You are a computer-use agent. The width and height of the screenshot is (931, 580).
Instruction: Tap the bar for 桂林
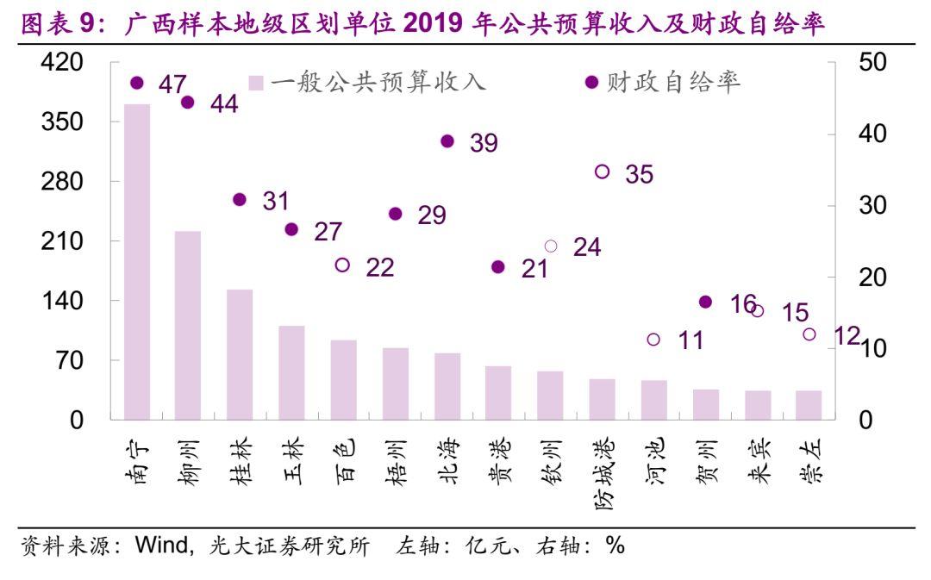[240, 354]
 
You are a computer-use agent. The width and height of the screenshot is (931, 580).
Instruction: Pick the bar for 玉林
[291, 372]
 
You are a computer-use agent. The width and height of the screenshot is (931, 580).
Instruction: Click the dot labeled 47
[136, 83]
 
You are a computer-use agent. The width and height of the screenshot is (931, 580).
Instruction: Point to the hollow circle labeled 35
[603, 172]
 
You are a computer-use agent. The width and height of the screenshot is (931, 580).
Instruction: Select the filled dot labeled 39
[447, 141]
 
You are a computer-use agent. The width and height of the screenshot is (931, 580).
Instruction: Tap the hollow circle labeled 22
[342, 265]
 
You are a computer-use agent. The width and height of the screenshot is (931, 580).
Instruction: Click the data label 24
[587, 247]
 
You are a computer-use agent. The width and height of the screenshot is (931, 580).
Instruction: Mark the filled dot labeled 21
[498, 267]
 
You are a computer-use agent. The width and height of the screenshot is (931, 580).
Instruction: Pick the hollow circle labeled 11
[653, 340]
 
